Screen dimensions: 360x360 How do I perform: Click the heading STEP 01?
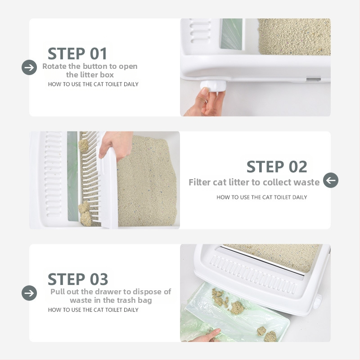click(x=77, y=54)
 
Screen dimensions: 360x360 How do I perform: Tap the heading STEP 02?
click(x=277, y=166)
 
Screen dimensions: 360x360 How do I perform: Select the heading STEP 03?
click(x=78, y=279)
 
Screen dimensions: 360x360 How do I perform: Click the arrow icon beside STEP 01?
click(x=29, y=67)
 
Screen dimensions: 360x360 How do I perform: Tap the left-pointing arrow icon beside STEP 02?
click(x=331, y=180)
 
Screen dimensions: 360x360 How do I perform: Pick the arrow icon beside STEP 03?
click(x=29, y=293)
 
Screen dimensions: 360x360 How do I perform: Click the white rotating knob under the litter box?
click(x=213, y=86)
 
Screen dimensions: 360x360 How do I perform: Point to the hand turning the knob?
click(x=205, y=102)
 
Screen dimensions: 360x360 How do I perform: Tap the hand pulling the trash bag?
click(x=205, y=336)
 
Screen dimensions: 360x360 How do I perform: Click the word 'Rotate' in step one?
click(x=54, y=66)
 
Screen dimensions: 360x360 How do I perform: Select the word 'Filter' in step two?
click(x=199, y=182)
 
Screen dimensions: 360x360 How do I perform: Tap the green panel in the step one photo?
click(x=231, y=34)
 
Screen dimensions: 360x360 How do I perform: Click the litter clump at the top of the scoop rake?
click(x=84, y=145)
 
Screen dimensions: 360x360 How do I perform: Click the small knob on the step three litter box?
click(x=318, y=301)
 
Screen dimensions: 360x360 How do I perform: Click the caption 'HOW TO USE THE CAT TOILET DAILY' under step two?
click(x=262, y=197)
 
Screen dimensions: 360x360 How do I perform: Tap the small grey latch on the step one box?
click(x=313, y=80)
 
